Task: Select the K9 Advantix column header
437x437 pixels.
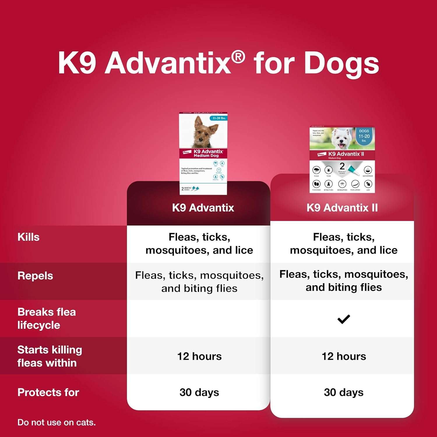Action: [203, 208]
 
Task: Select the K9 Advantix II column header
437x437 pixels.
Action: [342, 208]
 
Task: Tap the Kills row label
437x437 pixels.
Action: [29, 237]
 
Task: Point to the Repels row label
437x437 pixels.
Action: [35, 276]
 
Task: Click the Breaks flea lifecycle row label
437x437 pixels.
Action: [47, 318]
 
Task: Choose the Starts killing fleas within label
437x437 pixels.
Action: [50, 356]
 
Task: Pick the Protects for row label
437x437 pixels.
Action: [48, 392]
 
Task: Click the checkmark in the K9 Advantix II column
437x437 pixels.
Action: [343, 319]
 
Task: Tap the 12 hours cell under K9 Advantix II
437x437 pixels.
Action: [344, 356]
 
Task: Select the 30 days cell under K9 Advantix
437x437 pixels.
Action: [199, 392]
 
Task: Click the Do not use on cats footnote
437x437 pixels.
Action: [57, 422]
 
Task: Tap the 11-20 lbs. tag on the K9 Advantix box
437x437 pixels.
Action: [219, 118]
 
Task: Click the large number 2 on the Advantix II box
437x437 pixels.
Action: [342, 166]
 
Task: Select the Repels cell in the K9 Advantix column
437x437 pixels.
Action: [199, 282]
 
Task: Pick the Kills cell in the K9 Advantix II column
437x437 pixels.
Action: [344, 244]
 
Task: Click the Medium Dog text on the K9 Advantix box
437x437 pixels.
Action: [206, 156]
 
